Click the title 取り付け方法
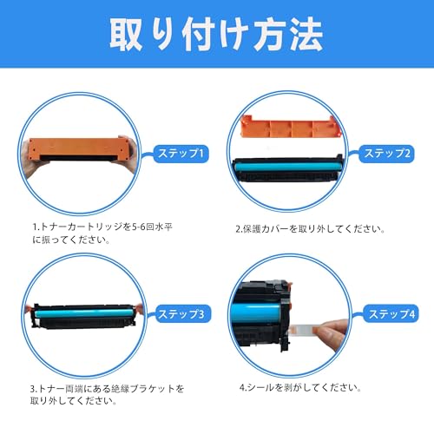(x=216, y=34)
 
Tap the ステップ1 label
(x=181, y=154)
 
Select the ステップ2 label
(x=387, y=154)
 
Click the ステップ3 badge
(x=181, y=314)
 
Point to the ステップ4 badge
(x=391, y=314)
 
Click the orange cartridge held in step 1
(x=79, y=149)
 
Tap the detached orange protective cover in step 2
(x=291, y=127)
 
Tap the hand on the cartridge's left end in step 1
(x=31, y=159)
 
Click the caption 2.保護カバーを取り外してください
(x=310, y=229)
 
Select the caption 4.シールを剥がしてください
(x=300, y=387)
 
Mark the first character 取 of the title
(x=126, y=35)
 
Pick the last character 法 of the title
(x=306, y=34)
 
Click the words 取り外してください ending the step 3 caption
(x=73, y=401)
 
